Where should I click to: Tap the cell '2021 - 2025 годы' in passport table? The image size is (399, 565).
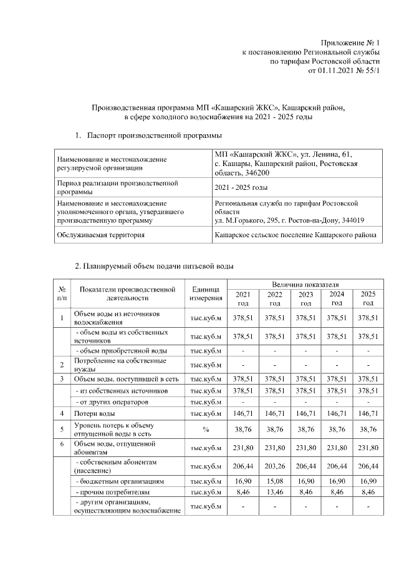click(241, 187)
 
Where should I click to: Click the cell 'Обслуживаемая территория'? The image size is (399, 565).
click(100, 235)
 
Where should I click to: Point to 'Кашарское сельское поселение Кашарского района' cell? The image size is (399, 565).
click(295, 235)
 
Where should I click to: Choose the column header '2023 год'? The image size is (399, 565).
click(305, 298)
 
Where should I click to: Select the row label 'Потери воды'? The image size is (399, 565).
click(95, 413)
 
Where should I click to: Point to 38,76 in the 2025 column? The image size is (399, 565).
click(368, 430)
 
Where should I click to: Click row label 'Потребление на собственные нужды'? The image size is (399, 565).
click(120, 365)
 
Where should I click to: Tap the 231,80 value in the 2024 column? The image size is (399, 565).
click(337, 447)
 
